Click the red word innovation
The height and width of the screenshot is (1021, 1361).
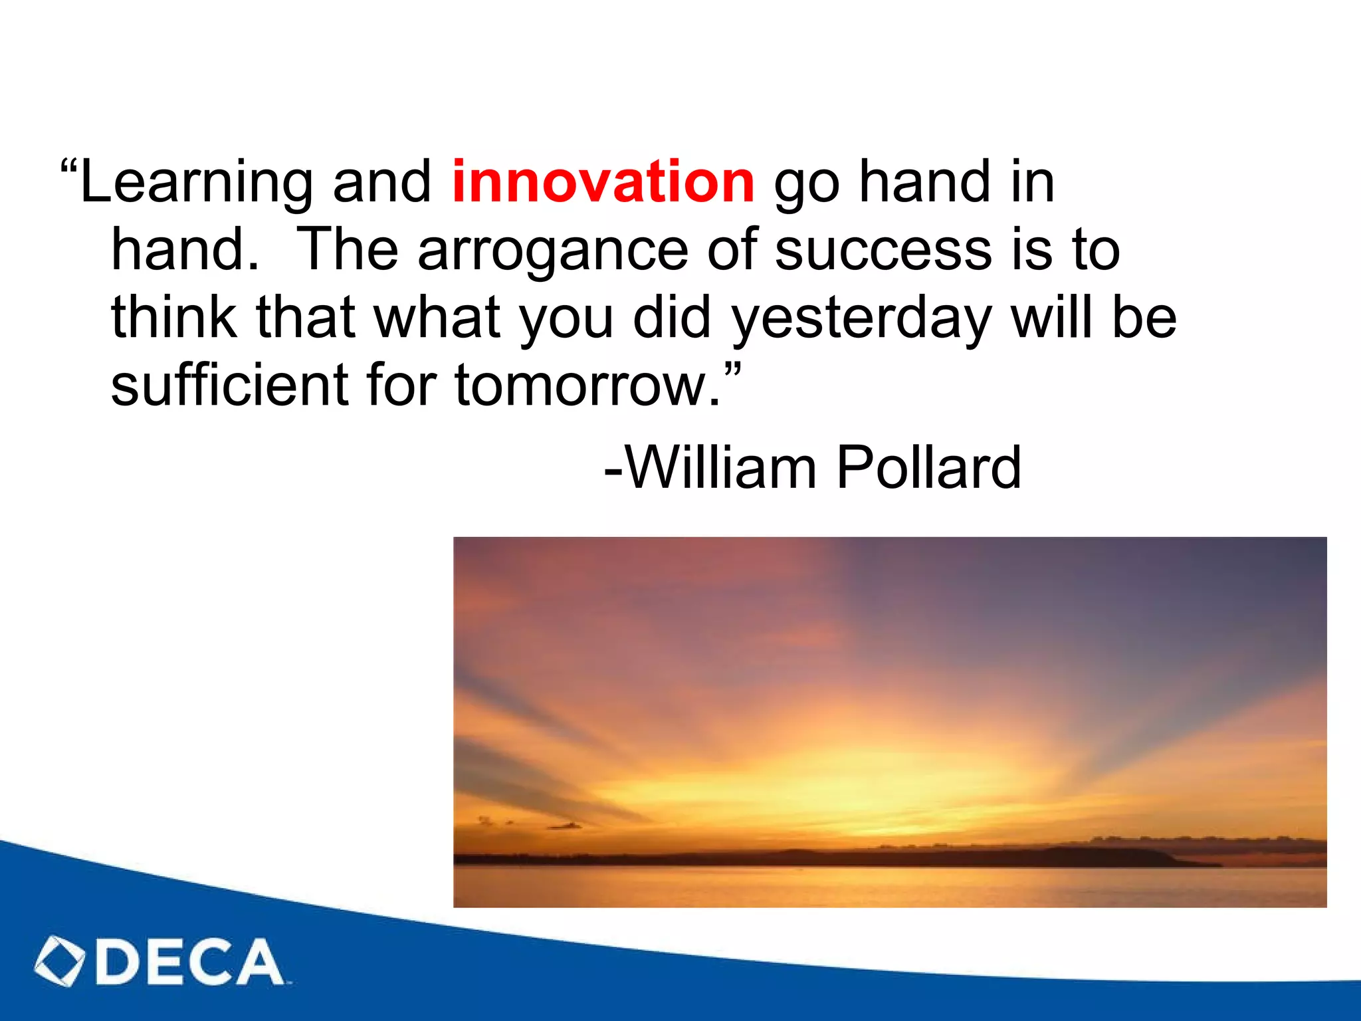click(x=603, y=181)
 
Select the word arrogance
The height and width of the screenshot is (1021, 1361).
click(x=552, y=251)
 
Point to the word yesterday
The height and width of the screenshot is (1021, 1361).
click(x=862, y=319)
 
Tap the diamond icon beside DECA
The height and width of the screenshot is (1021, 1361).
click(x=60, y=961)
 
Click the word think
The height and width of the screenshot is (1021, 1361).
click(x=174, y=318)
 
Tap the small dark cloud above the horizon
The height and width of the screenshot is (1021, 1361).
click(x=565, y=826)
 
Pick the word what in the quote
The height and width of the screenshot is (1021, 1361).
click(x=437, y=318)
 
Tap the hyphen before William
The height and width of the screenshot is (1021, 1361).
click(x=613, y=471)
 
